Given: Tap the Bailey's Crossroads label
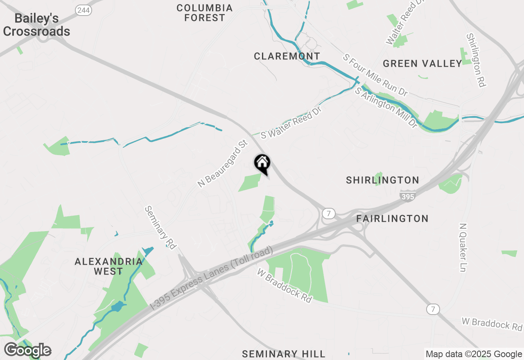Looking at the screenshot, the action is point(36,25).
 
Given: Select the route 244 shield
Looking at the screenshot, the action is point(84,11).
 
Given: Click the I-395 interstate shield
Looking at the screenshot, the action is point(408,196).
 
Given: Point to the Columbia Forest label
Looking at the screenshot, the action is point(205,13).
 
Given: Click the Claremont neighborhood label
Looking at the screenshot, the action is point(287,56).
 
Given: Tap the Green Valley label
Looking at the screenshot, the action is point(422,63).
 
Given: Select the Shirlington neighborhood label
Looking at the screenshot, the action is point(382,180).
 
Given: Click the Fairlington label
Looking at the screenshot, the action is point(392,218).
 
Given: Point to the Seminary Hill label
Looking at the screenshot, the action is point(284,354).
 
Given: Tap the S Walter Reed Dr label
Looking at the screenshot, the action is point(291,123).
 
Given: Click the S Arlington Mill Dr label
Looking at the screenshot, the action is point(386,108).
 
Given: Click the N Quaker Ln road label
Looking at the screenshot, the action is point(463,248).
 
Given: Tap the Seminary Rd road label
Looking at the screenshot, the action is point(160,227).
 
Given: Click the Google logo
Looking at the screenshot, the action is point(27,350).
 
